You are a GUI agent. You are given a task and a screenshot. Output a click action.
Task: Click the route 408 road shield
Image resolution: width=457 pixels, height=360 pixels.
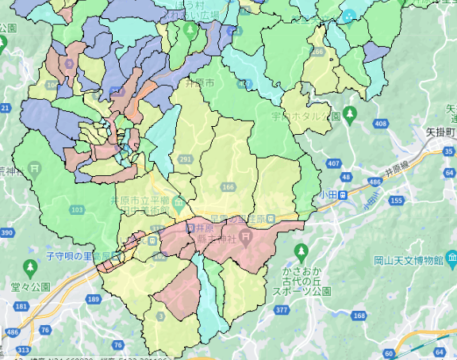(381, 124)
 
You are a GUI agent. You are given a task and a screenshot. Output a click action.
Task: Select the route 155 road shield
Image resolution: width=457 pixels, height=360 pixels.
(394, 202)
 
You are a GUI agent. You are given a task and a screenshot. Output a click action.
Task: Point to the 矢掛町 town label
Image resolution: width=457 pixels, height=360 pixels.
(440, 132)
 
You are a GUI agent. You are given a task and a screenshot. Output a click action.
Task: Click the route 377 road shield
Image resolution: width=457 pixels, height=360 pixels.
(279, 311)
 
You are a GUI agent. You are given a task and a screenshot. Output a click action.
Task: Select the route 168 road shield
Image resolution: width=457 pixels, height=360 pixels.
(359, 317)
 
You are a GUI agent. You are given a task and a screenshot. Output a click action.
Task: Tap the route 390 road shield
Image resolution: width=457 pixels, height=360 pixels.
(7, 232)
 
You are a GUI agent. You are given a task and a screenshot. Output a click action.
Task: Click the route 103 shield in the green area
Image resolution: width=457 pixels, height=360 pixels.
(77, 209)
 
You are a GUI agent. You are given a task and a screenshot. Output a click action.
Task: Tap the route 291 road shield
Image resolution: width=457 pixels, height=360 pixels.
(186, 159)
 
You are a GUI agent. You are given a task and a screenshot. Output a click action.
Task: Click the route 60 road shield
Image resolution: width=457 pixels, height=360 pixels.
(388, 353)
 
